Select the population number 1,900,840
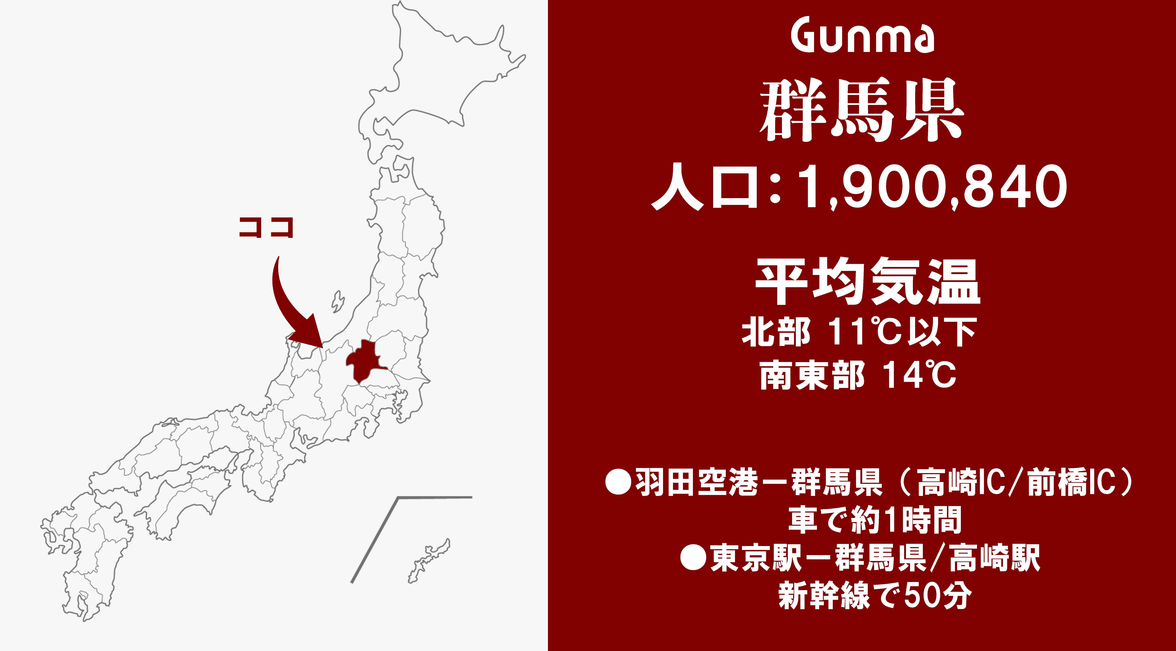coord(931,187)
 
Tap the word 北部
coord(776,332)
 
